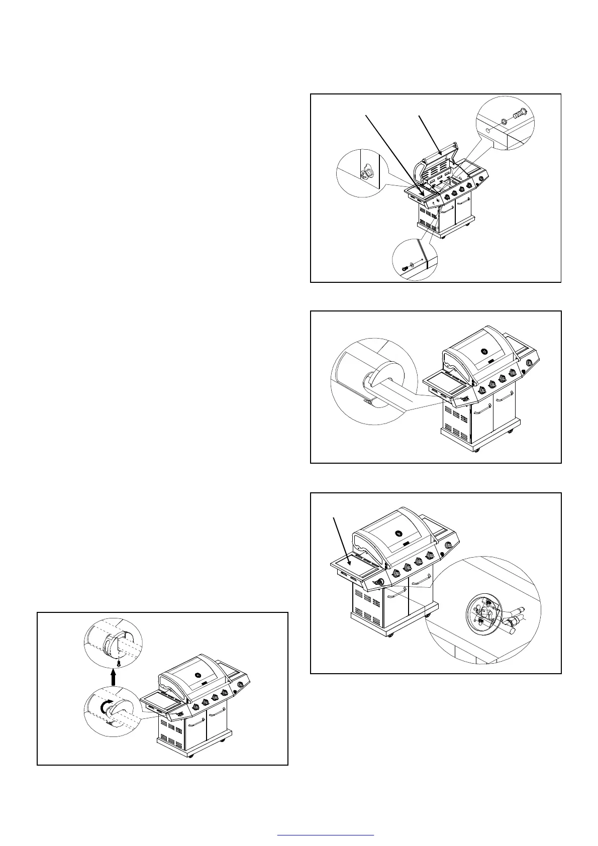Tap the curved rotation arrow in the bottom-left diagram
coord(105,707)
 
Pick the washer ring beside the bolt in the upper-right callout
coord(504,121)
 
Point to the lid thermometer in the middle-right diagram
coord(484,352)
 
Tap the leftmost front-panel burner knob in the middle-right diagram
coord(481,390)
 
